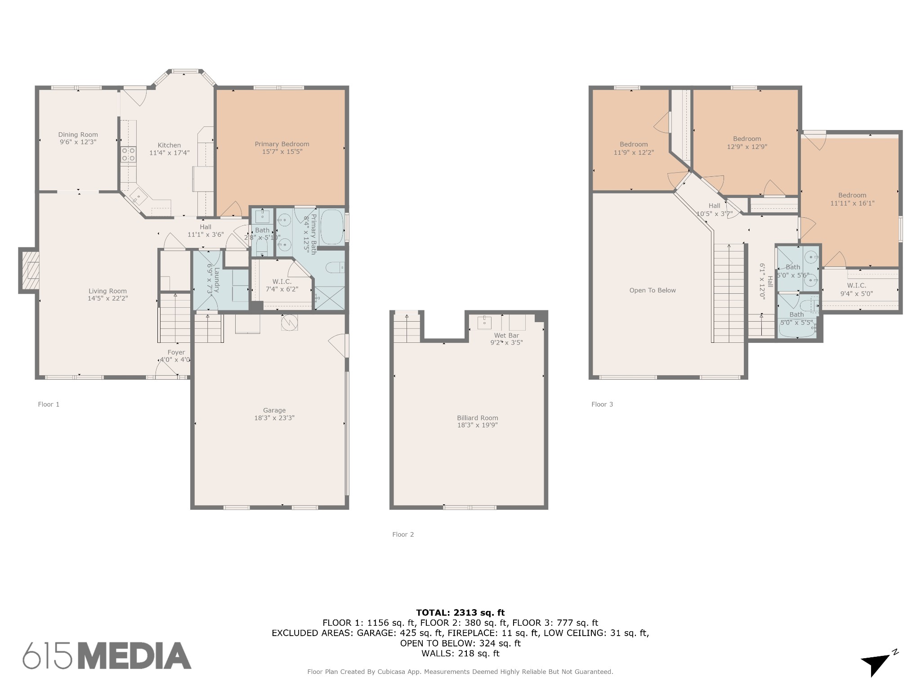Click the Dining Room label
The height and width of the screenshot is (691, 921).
(x=78, y=135)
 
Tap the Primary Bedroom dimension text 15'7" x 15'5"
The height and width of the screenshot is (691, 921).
(x=282, y=152)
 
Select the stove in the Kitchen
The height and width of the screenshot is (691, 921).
(x=129, y=155)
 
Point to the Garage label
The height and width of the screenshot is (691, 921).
(x=274, y=410)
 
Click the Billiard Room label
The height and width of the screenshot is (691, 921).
(x=478, y=418)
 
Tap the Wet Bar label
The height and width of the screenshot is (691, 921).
(x=506, y=336)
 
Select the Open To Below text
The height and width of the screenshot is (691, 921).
(x=653, y=291)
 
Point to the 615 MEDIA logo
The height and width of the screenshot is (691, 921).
(x=107, y=655)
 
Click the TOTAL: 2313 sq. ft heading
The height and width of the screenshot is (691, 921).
(x=460, y=613)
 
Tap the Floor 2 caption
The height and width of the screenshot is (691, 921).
(x=403, y=534)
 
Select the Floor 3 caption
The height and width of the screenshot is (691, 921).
(x=602, y=404)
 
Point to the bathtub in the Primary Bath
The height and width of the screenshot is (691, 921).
(x=332, y=227)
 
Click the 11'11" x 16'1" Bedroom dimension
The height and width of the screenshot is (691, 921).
(x=852, y=203)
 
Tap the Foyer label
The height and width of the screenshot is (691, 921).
(x=176, y=353)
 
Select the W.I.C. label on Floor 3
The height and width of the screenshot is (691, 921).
(x=857, y=286)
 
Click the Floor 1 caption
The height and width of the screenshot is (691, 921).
(x=49, y=404)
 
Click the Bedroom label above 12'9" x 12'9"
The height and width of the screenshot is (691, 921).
(x=747, y=139)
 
